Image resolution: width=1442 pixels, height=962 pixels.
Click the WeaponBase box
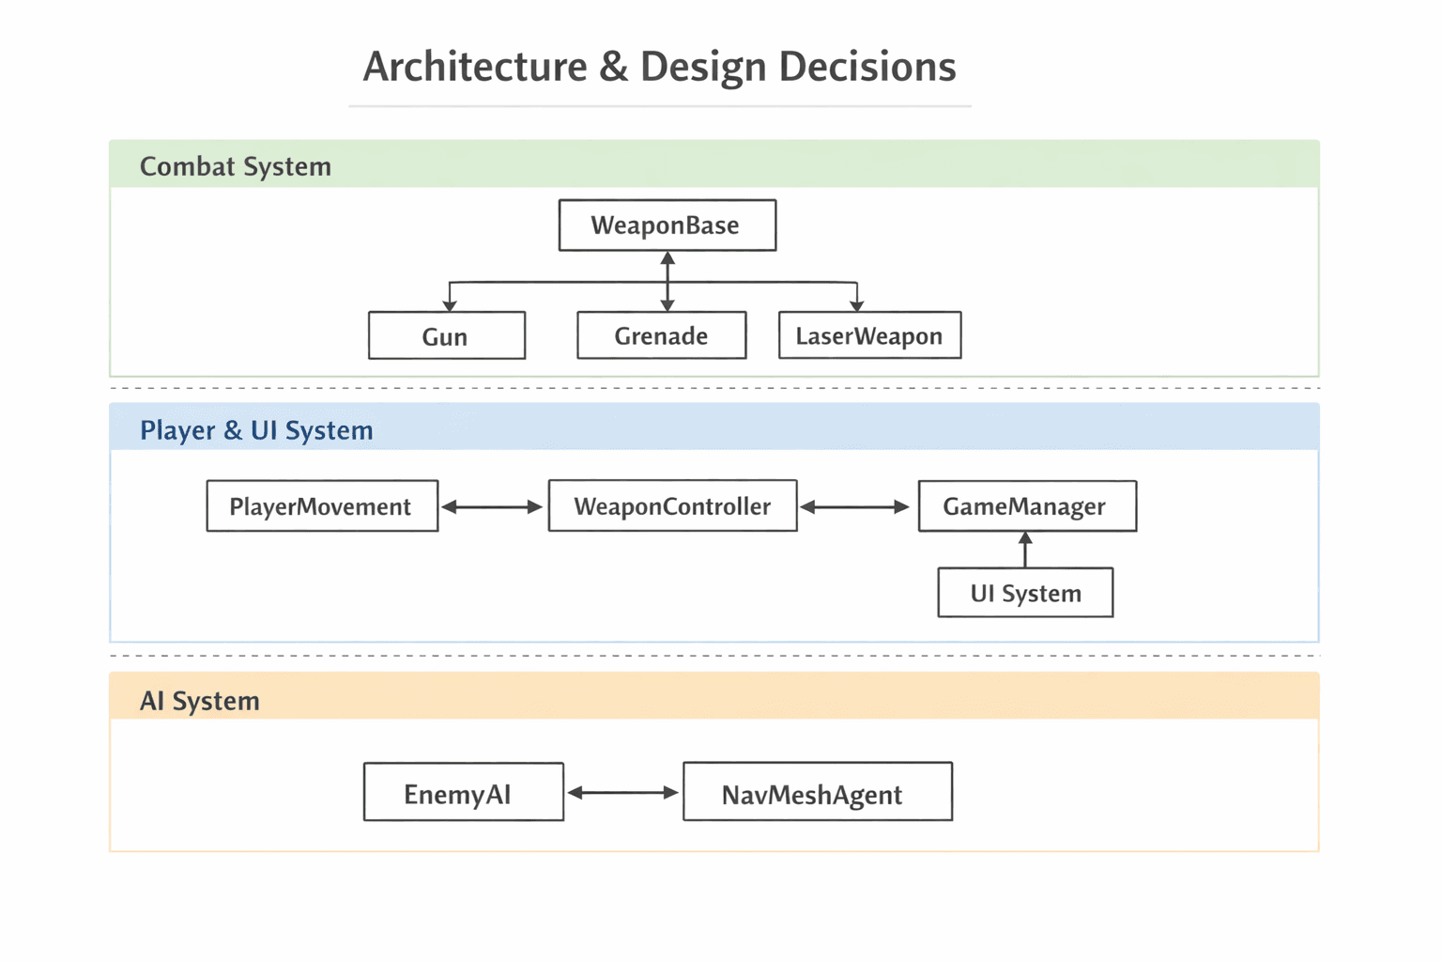click(x=667, y=225)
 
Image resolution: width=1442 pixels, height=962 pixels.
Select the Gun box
click(x=446, y=336)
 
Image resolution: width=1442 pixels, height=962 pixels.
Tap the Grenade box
click(x=661, y=336)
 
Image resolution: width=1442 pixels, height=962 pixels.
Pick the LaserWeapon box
click(x=869, y=336)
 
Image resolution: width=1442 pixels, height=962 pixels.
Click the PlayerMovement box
click(x=322, y=506)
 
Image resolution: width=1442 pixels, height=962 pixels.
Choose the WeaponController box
click(x=672, y=506)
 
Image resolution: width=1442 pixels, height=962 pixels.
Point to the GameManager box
click(x=1026, y=506)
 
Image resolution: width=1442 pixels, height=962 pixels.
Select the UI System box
click(x=1025, y=593)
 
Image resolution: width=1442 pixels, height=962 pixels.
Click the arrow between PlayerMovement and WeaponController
click(x=492, y=507)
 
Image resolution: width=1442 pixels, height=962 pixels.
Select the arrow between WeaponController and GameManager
click(x=855, y=507)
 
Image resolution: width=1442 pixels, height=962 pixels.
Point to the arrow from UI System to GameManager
click(x=1025, y=550)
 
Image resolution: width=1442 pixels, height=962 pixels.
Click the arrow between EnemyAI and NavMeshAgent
click(x=622, y=793)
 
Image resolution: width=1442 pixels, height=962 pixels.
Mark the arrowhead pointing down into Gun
click(x=450, y=304)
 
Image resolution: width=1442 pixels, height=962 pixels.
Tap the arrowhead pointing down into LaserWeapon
click(x=856, y=304)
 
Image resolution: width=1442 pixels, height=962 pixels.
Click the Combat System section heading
click(x=236, y=166)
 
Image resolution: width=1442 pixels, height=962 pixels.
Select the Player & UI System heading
click(x=256, y=430)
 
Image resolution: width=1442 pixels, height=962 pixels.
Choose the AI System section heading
click(x=200, y=701)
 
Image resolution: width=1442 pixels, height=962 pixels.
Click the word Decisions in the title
click(x=867, y=67)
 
